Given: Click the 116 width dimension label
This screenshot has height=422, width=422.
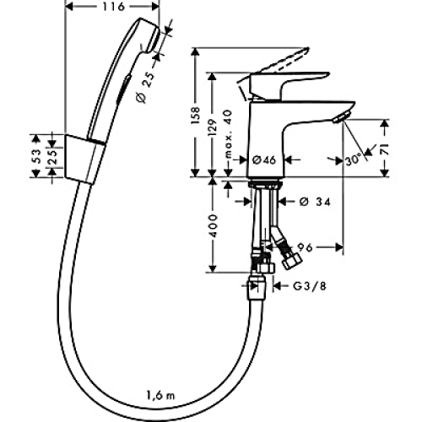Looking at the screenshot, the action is [113, 7].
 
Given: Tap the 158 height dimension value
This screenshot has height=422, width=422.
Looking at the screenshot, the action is [196, 115].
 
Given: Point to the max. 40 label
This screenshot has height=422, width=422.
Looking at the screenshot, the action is [230, 134].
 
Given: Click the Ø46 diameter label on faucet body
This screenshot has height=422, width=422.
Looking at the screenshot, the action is [264, 160].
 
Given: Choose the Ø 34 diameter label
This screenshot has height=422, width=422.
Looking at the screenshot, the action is [316, 202].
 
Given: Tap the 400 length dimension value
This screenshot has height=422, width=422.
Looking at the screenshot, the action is [214, 225].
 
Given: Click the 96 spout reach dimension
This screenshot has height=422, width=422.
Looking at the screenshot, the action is [306, 247].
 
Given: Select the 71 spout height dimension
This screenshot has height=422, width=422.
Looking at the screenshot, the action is [385, 149].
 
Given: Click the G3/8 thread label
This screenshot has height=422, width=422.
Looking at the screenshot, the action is [310, 286].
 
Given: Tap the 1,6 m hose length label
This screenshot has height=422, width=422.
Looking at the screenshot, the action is [160, 395].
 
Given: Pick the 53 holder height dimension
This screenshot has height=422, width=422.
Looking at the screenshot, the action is [36, 156].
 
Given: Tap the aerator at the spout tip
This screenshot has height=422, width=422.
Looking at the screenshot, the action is [341, 116].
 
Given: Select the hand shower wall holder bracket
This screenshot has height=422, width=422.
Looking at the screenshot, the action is [84, 159].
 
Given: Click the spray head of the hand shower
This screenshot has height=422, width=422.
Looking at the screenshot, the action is [150, 35].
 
